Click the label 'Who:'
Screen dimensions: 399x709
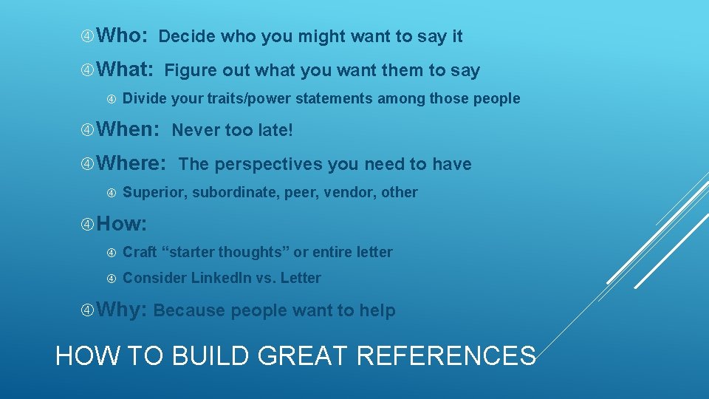[123, 35]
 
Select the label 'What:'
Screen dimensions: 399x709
[125, 70]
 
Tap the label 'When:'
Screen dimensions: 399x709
[128, 130]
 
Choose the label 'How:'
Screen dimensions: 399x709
[122, 223]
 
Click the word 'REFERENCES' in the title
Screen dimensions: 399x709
[446, 356]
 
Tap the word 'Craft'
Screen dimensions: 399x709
[140, 252]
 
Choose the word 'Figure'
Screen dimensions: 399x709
[190, 71]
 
